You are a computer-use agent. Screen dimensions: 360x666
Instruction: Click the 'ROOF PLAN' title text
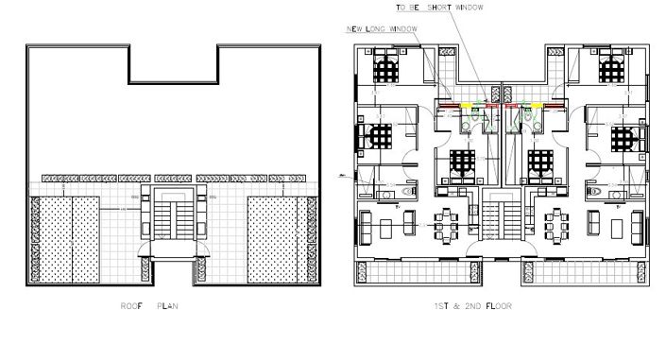click(x=149, y=306)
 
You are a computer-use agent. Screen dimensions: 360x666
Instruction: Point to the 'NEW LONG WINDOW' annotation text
click(x=383, y=29)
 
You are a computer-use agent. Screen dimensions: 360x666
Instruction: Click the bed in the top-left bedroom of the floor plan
click(x=385, y=68)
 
